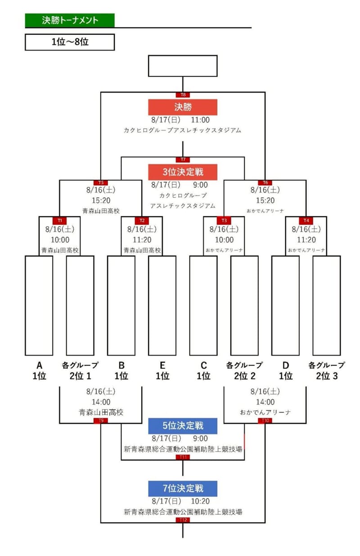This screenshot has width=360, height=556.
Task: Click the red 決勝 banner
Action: pyautogui.click(x=183, y=107)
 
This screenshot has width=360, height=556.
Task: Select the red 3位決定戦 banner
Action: pyautogui.click(x=183, y=172)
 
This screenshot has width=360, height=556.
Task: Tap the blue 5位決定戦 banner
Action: pyautogui.click(x=183, y=426)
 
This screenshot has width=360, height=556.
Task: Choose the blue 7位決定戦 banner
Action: pyautogui.click(x=183, y=489)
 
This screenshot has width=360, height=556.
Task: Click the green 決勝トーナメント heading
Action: pyautogui.click(x=70, y=20)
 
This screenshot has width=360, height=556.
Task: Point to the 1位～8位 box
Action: pyautogui.click(x=70, y=42)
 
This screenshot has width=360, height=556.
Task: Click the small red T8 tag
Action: pyautogui.click(x=183, y=95)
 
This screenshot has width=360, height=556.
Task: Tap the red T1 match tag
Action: pyautogui.click(x=60, y=220)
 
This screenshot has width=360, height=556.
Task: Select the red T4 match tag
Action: pyautogui.click(x=306, y=220)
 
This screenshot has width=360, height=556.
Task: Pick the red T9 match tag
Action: pyautogui.click(x=101, y=421)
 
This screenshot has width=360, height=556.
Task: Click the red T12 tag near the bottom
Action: pyautogui.click(x=183, y=520)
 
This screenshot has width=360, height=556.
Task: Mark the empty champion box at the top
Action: pyautogui.click(x=183, y=66)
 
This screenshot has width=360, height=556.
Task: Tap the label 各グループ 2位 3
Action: pyautogui.click(x=326, y=371)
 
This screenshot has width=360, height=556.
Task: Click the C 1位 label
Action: pyautogui.click(x=203, y=371)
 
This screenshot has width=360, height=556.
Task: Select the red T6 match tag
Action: pyautogui.click(x=265, y=183)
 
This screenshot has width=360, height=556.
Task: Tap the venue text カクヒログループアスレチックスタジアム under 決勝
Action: pyautogui.click(x=183, y=130)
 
